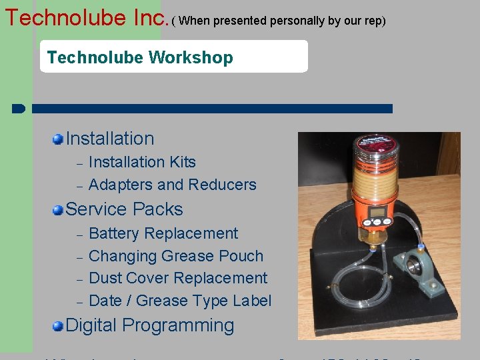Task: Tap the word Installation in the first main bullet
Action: coord(110,139)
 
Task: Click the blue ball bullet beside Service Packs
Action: coord(59,210)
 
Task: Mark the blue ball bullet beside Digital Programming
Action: coord(59,326)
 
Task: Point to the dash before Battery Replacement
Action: coord(79,235)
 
